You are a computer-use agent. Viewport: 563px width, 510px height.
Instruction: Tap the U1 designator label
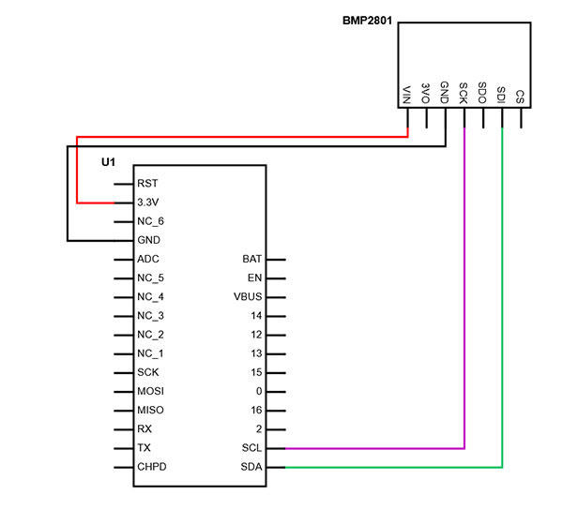(x=108, y=162)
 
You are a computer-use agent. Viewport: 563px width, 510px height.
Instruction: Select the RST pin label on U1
(x=147, y=184)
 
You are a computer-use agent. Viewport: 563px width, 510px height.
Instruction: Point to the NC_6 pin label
(x=151, y=221)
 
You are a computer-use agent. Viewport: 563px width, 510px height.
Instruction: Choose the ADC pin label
(x=148, y=259)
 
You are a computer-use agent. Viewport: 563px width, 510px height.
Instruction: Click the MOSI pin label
(x=151, y=391)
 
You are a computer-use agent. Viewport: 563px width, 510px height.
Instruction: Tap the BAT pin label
(x=251, y=259)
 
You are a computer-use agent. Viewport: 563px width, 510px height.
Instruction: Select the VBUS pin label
(x=247, y=296)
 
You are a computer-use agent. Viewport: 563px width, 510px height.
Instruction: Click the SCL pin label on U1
(x=251, y=448)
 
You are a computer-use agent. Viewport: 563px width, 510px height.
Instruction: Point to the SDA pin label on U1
(x=251, y=467)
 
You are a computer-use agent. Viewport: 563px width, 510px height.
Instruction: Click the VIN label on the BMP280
(x=407, y=95)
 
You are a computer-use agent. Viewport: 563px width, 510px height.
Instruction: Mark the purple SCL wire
(x=464, y=300)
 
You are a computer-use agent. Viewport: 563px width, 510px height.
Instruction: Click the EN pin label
(x=254, y=277)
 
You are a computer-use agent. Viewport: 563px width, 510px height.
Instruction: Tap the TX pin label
(x=144, y=448)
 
